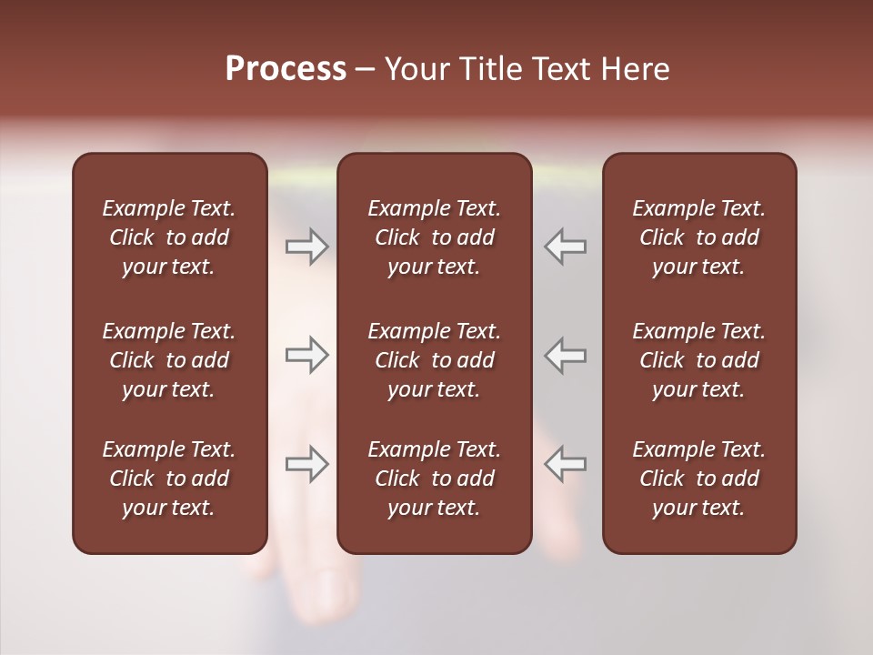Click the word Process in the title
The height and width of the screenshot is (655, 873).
(286, 69)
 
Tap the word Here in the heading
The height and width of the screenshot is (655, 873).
(635, 69)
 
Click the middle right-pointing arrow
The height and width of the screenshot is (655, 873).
(306, 356)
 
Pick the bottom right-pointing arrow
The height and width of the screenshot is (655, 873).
(306, 463)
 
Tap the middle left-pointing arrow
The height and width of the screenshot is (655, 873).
(566, 356)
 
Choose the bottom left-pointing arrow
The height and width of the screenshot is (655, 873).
(566, 463)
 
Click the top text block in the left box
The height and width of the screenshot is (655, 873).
(169, 237)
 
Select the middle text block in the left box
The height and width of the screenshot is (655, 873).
(169, 360)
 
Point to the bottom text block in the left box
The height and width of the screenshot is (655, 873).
(169, 479)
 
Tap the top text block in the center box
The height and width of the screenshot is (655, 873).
(435, 237)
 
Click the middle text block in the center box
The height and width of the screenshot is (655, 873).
(435, 360)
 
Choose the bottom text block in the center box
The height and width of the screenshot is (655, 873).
(435, 479)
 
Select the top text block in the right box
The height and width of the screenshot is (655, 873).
(699, 237)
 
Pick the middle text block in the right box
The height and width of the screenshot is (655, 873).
(699, 360)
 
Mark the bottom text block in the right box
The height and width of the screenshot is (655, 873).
(699, 479)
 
